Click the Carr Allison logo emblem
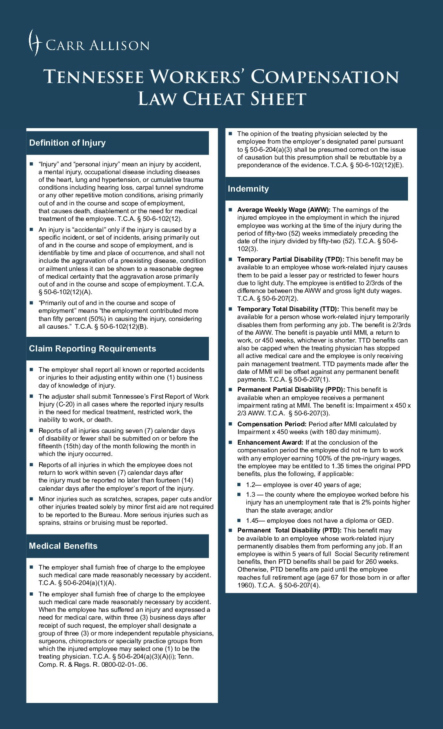coord(35,42)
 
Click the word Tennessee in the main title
coord(94,77)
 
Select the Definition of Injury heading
coord(68,143)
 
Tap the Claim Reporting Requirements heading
coord(92,349)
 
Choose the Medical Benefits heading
coord(63,546)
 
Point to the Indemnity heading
coord(248,189)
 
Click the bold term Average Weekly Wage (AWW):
coord(284,210)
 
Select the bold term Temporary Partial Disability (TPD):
coord(291,260)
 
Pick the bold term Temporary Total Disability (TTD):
coord(288,309)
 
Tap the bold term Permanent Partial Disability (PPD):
coord(291,390)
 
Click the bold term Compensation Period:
coord(272,424)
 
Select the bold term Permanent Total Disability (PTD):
coord(289,530)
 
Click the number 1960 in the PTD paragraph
coord(244,585)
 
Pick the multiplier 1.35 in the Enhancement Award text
coord(338,466)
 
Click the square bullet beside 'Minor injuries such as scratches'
coord(31,499)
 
